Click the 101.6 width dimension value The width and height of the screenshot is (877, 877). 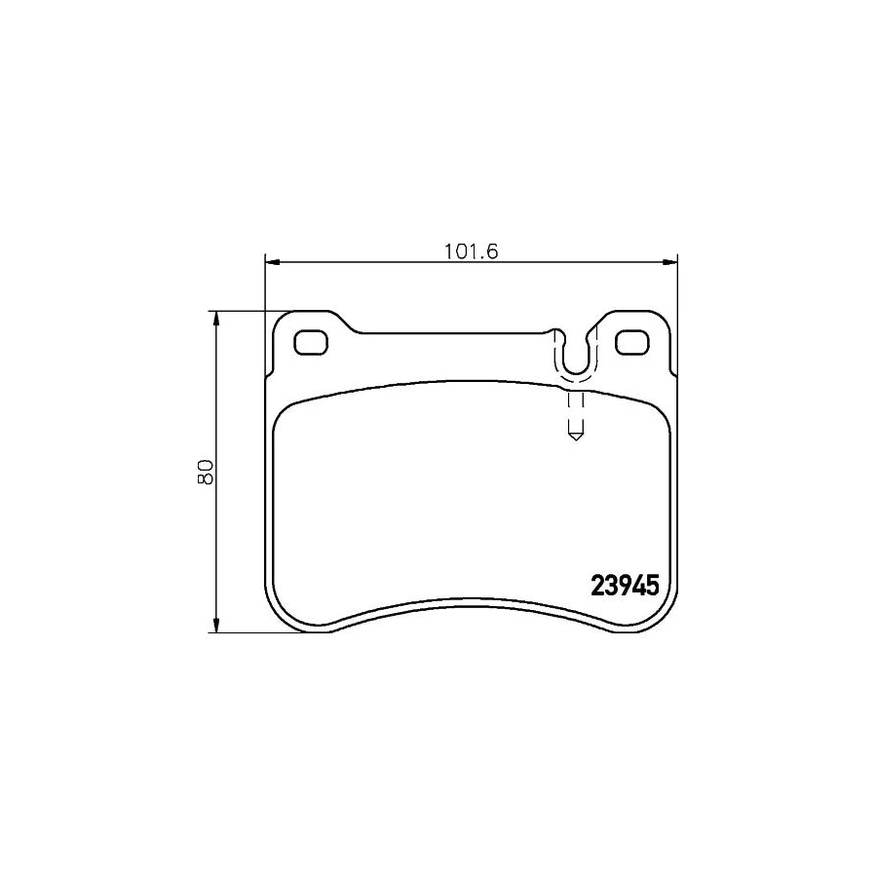(472, 251)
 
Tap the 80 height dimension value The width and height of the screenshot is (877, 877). (206, 473)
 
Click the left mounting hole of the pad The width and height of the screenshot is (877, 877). (312, 343)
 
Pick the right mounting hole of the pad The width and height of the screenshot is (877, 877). (632, 343)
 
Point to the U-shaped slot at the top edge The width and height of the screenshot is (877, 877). (576, 354)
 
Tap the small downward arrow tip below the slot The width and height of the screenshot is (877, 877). (575, 438)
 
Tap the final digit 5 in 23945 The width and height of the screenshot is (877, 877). (653, 585)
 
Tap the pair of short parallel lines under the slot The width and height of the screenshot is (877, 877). (575, 409)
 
